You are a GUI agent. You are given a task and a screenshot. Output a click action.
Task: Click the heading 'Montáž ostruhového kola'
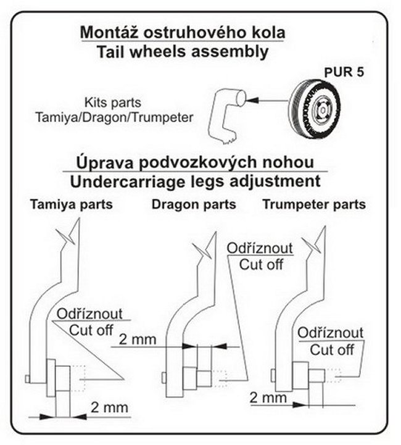tap(184, 32)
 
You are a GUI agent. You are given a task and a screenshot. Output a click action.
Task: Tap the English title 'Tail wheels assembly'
tap(184, 51)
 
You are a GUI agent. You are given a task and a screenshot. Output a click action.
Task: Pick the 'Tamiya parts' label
tap(72, 204)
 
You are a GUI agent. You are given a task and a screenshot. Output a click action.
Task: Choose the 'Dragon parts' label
tap(194, 204)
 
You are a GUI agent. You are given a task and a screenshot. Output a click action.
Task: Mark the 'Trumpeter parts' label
tap(314, 204)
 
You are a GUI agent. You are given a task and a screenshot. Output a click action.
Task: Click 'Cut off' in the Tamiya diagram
tap(91, 329)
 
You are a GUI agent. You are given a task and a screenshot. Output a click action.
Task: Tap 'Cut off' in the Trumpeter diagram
tap(331, 349)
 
